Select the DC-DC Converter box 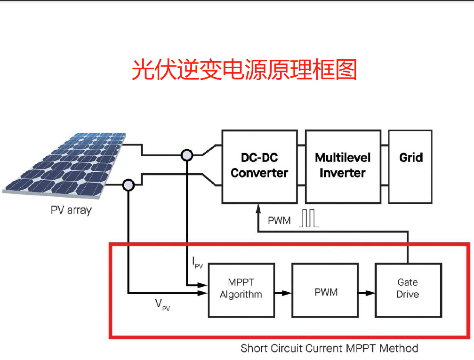259,167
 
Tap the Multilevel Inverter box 343,167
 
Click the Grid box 410,167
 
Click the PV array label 71,210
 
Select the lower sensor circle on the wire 128,185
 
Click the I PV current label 197,263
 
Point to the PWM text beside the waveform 279,220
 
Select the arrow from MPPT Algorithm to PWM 282,293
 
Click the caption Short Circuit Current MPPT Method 329,349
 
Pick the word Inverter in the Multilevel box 343,173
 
